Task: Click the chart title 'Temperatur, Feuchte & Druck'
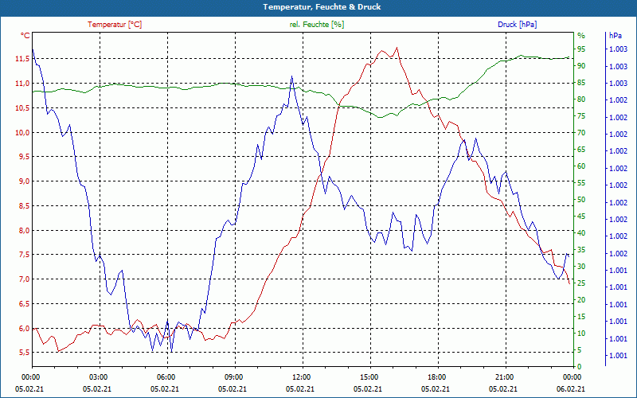pos(318,6)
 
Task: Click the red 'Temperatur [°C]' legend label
pos(115,25)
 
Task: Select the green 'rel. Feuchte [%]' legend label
pos(317,25)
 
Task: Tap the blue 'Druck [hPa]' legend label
pos(517,25)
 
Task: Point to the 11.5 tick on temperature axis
pos(21,59)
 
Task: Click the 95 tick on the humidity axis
pos(581,49)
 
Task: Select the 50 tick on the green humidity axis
pos(581,200)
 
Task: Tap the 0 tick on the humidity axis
pos(579,367)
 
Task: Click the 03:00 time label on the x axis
pos(99,377)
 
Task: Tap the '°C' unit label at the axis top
pos(25,36)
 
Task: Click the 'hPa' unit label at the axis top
pos(616,36)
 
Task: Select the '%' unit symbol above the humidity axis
pos(580,36)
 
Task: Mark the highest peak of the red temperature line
pos(396,48)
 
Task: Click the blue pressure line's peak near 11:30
pos(291,76)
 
